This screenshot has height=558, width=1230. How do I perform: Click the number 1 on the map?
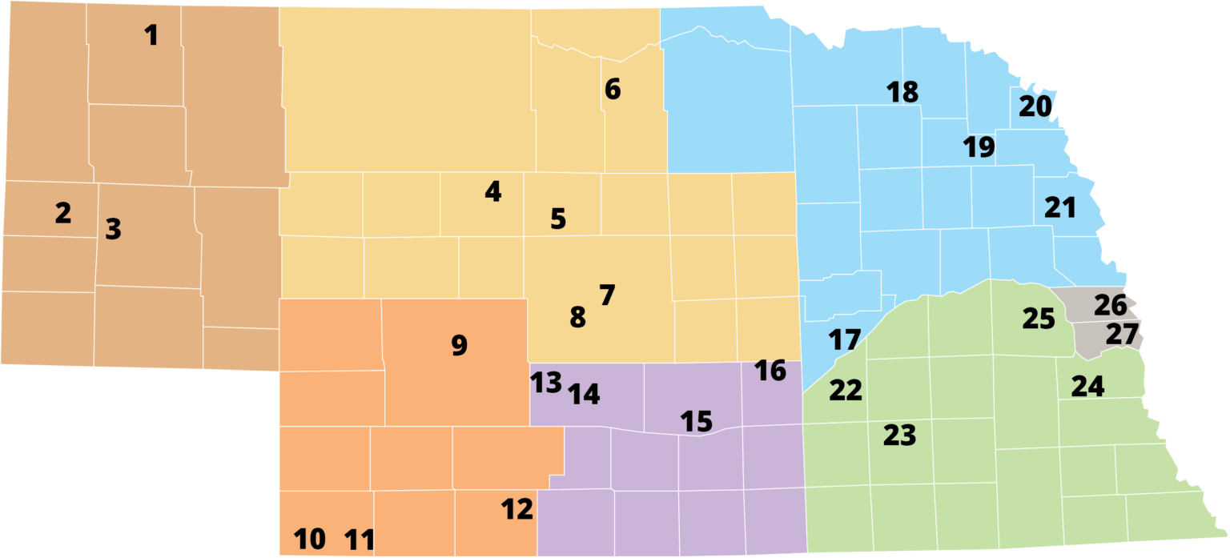click(151, 35)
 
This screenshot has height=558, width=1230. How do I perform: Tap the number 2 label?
click(63, 213)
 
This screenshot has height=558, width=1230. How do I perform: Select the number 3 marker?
click(114, 230)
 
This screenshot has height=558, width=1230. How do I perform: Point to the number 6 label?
click(613, 89)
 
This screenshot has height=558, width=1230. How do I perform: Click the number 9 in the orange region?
click(459, 345)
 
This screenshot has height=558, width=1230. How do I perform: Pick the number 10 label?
click(310, 540)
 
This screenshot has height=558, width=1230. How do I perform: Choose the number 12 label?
click(517, 509)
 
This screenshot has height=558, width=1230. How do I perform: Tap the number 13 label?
click(547, 383)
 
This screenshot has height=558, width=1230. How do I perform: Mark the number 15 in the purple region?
click(696, 421)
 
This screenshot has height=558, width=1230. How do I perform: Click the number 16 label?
click(770, 371)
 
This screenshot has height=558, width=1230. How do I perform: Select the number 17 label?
click(844, 340)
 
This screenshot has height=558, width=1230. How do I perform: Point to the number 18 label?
click(902, 92)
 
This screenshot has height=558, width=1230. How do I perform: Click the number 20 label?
click(1035, 106)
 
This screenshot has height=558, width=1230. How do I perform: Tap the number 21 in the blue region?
click(1060, 208)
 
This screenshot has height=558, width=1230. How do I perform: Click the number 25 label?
click(1039, 319)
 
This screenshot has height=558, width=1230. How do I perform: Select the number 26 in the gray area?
click(1110, 305)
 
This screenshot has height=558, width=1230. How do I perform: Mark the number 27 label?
click(1121, 335)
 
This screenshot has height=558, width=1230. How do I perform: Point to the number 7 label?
click(606, 295)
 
